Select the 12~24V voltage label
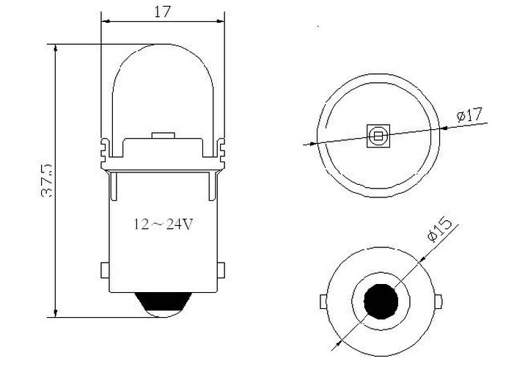pyautogui.click(x=164, y=224)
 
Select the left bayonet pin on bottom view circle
pyautogui.click(x=322, y=302)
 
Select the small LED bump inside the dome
pyautogui.click(x=162, y=136)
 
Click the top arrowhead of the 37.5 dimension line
pyautogui.click(x=56, y=47)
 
